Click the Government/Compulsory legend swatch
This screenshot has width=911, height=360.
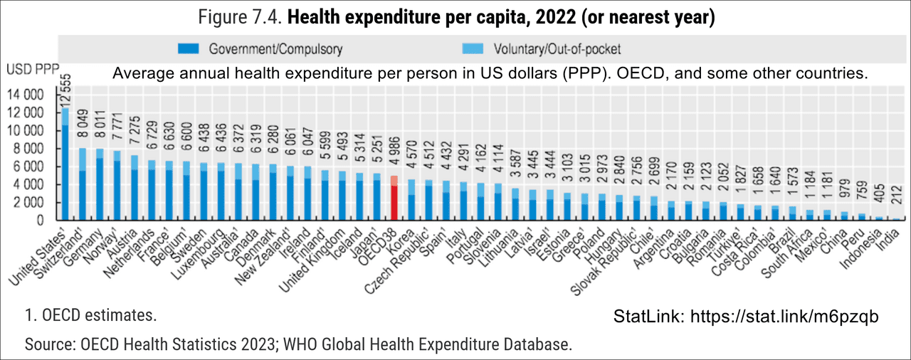[x=189, y=50]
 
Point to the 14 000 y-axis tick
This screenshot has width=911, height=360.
[x=26, y=95]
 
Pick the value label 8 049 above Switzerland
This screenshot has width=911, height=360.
[x=82, y=130]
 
